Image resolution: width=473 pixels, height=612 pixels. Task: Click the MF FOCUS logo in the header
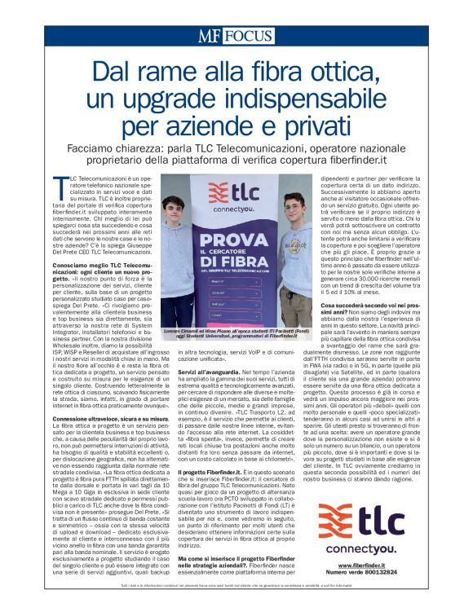click(x=235, y=36)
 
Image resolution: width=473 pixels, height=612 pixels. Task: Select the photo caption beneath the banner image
click(x=232, y=356)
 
